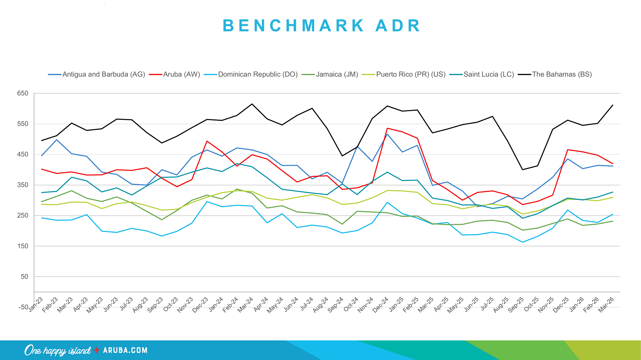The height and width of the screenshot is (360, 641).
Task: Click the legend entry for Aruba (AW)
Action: pos(181,74)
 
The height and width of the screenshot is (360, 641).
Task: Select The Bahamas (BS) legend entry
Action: pos(562,74)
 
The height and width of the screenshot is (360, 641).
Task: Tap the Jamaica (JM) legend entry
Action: pos(337,74)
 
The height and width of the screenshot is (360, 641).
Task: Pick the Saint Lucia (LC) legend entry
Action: pos(488,74)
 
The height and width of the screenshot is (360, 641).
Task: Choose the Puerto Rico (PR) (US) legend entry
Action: pos(411,74)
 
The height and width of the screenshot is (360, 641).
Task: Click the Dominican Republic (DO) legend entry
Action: pos(257,74)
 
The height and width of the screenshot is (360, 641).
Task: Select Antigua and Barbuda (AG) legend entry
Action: pos(103,74)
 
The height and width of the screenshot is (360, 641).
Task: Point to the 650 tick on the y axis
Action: pos(23,93)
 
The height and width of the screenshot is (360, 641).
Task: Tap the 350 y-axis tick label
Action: pos(23,185)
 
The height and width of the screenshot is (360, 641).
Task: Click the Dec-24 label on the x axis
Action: pos(381,305)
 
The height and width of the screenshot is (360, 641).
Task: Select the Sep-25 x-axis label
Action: pos(516,305)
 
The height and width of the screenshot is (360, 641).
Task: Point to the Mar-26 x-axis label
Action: pos(606,305)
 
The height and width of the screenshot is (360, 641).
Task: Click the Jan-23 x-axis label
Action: pos(35,304)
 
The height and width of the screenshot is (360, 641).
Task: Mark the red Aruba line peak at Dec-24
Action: pos(387,128)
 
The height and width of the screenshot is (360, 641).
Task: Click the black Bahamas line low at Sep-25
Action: pos(522,169)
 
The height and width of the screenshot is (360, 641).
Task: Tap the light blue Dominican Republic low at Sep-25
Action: pos(522,242)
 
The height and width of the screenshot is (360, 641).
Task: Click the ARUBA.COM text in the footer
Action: pos(125,350)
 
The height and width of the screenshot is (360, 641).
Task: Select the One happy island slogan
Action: pos(57,350)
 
